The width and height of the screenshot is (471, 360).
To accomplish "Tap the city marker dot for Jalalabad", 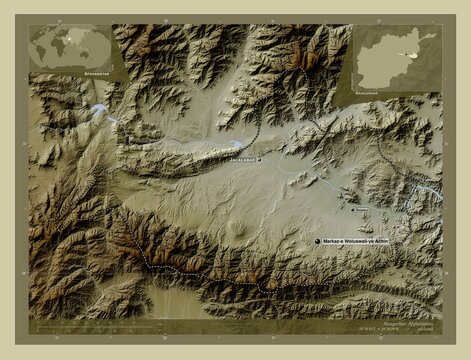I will pos(259,159).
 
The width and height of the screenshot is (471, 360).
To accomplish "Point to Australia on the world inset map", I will pos(104,58).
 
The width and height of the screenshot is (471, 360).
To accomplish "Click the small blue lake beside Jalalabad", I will pos(238,143).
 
